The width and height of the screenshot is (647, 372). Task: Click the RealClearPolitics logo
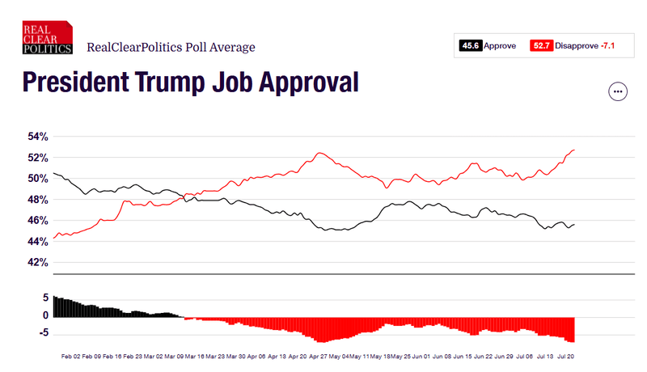coord(48,37)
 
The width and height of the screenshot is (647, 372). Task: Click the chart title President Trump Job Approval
coord(190,82)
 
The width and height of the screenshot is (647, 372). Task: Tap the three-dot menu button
coord(619,91)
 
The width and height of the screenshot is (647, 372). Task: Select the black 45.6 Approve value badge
coord(471,46)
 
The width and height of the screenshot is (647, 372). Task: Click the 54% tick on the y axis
coord(38,136)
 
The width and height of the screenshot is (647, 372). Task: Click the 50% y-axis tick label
coord(38,178)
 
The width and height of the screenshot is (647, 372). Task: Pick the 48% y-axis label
coord(38,200)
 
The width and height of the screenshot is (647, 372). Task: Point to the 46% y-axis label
coord(38,221)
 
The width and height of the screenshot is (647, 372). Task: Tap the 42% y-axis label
coord(38,263)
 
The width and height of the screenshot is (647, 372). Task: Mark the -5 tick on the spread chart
coord(44,332)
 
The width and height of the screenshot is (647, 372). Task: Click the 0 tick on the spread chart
coord(46,315)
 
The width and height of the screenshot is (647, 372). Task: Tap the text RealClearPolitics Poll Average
coord(171,47)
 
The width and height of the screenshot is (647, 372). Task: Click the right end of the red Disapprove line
coord(574,150)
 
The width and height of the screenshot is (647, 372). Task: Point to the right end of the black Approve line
coord(574,224)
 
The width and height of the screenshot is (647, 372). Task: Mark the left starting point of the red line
coord(53,239)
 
